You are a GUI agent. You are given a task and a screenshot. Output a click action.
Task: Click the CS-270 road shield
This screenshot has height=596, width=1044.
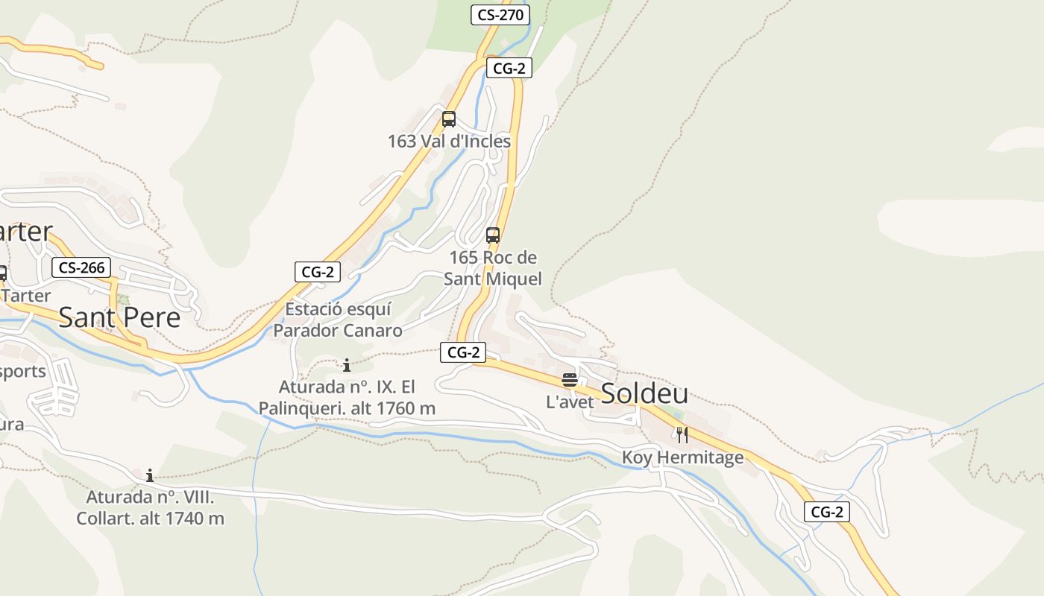pos(500,14)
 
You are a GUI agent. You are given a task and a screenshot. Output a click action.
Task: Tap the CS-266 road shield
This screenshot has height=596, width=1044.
pos(81,267)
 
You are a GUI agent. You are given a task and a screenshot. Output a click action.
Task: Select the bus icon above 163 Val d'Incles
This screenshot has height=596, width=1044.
pos(448,119)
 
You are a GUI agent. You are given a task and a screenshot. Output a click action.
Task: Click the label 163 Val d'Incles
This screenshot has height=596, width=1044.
pos(449,141)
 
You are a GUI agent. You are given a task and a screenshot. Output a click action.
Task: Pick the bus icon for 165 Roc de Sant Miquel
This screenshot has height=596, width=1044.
pos(493,235)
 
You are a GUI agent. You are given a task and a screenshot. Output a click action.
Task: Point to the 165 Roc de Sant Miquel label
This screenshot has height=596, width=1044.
pos(493,268)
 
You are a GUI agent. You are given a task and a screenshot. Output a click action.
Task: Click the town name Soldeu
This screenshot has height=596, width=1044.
pos(644,393)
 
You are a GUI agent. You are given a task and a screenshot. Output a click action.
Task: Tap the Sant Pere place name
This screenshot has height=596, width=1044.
pos(119,317)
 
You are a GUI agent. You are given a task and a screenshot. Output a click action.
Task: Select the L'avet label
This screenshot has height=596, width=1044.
pos(570,402)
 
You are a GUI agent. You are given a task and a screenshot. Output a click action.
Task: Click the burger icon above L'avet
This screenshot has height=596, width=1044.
pos(570,380)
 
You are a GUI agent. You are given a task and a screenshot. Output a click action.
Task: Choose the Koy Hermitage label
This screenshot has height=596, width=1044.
pos(683,457)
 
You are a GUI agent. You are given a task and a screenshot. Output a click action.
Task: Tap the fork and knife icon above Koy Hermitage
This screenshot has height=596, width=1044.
pos(682,434)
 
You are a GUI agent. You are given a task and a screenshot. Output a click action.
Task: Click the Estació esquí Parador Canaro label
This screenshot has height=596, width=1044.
pos(338,320)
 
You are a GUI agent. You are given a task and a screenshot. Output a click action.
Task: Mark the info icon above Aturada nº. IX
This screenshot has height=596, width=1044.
pos(347,365)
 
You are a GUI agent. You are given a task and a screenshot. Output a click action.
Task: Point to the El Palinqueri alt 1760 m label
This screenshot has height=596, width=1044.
pos(347,398)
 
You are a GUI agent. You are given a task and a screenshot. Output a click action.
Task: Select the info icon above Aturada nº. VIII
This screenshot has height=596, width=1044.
pos(150,475)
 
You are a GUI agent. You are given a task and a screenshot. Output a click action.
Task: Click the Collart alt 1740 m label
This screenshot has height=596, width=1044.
pos(150,507)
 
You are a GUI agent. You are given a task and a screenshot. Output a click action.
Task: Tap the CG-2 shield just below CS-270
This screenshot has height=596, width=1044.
pos(510,69)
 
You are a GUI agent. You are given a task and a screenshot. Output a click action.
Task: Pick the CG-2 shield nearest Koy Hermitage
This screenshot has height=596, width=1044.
pos(827,512)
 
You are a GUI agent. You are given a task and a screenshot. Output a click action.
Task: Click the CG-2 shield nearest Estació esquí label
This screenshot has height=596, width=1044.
pos(318,272)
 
